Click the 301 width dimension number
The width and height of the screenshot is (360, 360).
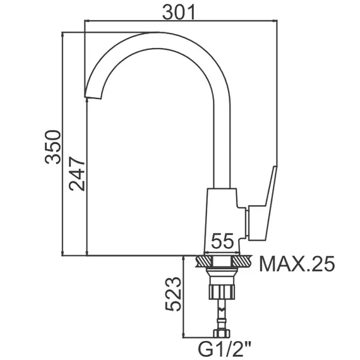tap(177, 12)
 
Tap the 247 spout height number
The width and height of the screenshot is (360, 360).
tap(77, 173)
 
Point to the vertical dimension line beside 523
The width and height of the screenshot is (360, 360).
tap(183, 297)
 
